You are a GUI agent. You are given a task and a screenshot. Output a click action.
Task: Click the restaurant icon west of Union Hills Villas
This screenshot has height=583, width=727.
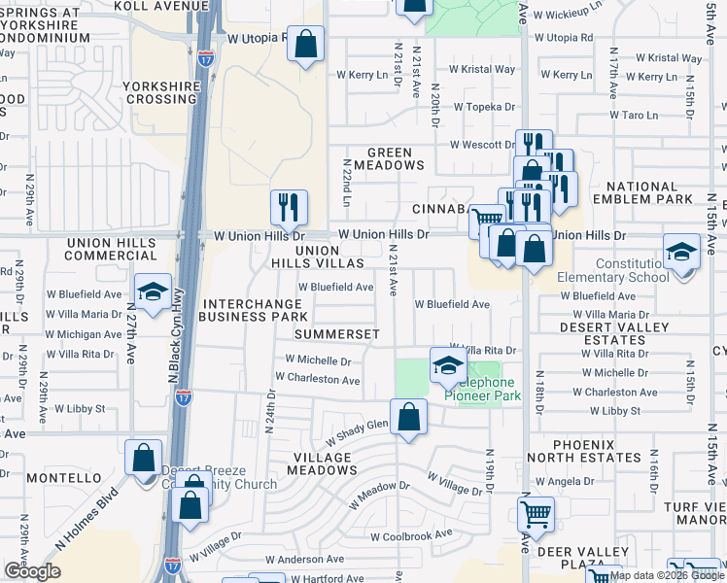pyautogui.click(x=289, y=207)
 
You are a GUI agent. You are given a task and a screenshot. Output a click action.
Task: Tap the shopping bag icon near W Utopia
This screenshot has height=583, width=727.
pyautogui.click(x=306, y=44)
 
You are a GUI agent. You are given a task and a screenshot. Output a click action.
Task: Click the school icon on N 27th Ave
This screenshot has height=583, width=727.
pyautogui.click(x=153, y=292)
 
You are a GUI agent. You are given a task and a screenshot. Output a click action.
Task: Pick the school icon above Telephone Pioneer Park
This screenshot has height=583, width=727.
pyautogui.click(x=448, y=365)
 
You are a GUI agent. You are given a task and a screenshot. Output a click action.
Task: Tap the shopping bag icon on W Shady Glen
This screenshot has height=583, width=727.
pyautogui.click(x=409, y=418)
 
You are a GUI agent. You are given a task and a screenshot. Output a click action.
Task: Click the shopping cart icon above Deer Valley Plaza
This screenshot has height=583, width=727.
pyautogui.click(x=536, y=514)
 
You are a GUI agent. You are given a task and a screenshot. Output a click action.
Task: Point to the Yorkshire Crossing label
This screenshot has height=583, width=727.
pyautogui.click(x=161, y=92)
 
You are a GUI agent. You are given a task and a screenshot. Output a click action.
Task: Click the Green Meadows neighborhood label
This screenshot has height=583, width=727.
pyautogui.click(x=396, y=158)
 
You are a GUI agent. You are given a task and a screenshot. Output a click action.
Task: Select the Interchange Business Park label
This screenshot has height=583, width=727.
pyautogui.click(x=254, y=310)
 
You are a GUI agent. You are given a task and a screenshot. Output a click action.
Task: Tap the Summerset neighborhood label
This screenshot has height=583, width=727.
pyautogui.click(x=337, y=333)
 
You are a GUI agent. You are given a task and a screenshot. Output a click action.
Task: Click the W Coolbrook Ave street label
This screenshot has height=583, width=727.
pyautogui.click(x=411, y=534)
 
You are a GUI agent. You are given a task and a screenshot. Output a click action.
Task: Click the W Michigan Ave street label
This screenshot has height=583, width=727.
pyautogui.click(x=85, y=334)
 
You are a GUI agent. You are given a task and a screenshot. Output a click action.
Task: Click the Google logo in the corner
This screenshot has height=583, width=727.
pyautogui.click(x=32, y=571)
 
